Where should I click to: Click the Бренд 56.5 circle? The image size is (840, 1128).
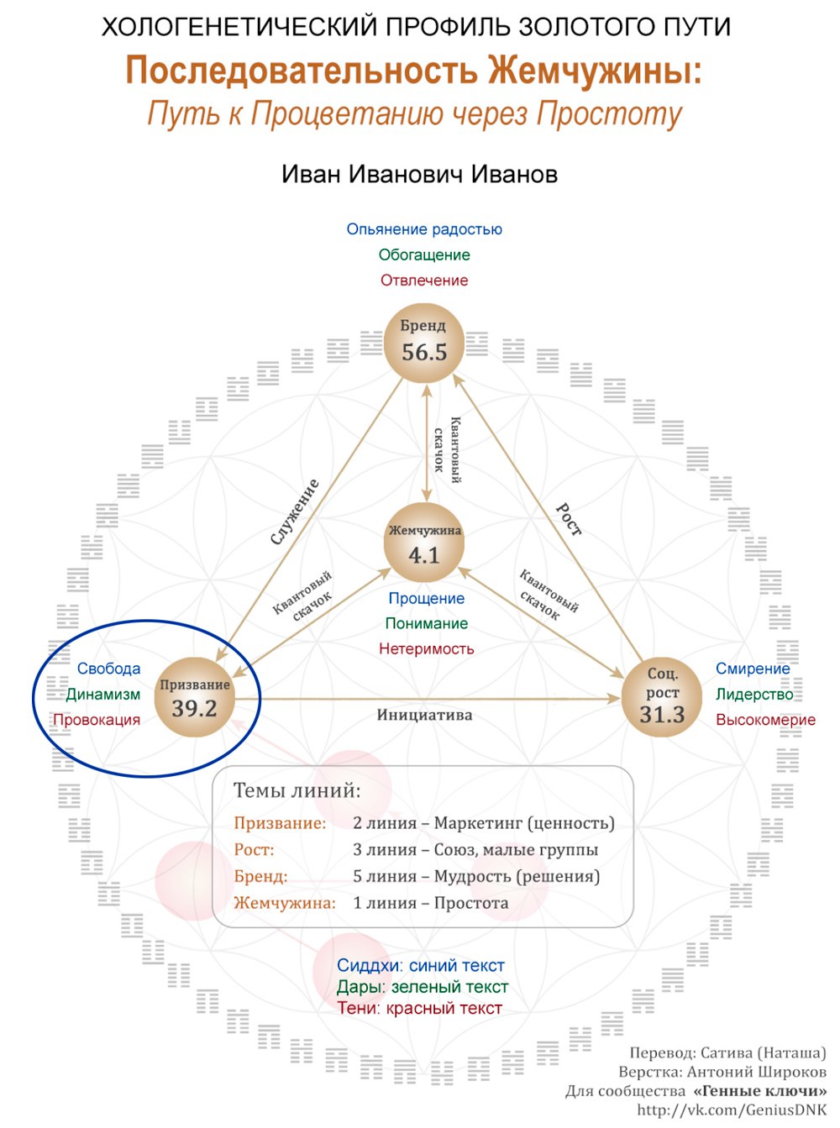tap(423, 343)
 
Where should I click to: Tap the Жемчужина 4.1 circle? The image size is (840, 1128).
tap(424, 544)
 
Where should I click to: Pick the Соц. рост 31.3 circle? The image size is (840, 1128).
tap(662, 696)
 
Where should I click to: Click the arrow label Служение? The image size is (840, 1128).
tap(295, 512)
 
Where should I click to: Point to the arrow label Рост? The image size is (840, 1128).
tap(569, 518)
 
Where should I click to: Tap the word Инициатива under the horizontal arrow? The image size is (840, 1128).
tap(424, 715)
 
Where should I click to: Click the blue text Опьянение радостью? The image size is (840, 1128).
tap(424, 229)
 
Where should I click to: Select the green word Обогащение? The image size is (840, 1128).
tap(424, 254)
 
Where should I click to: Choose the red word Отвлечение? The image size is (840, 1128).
tap(424, 281)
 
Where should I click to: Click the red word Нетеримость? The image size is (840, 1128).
tap(426, 649)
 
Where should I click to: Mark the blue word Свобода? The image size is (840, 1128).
tap(108, 669)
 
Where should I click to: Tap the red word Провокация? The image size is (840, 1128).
tap(97, 720)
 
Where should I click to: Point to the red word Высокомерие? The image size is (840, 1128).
tap(765, 720)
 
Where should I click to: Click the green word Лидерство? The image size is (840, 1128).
tap(753, 695)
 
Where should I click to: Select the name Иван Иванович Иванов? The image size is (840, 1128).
tap(419, 174)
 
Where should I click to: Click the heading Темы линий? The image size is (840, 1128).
tap(297, 790)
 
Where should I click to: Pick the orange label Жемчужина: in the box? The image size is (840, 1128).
tap(285, 903)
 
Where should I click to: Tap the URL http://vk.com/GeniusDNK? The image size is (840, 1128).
tap(732, 1110)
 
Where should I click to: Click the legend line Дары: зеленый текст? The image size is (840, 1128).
tap(422, 987)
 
